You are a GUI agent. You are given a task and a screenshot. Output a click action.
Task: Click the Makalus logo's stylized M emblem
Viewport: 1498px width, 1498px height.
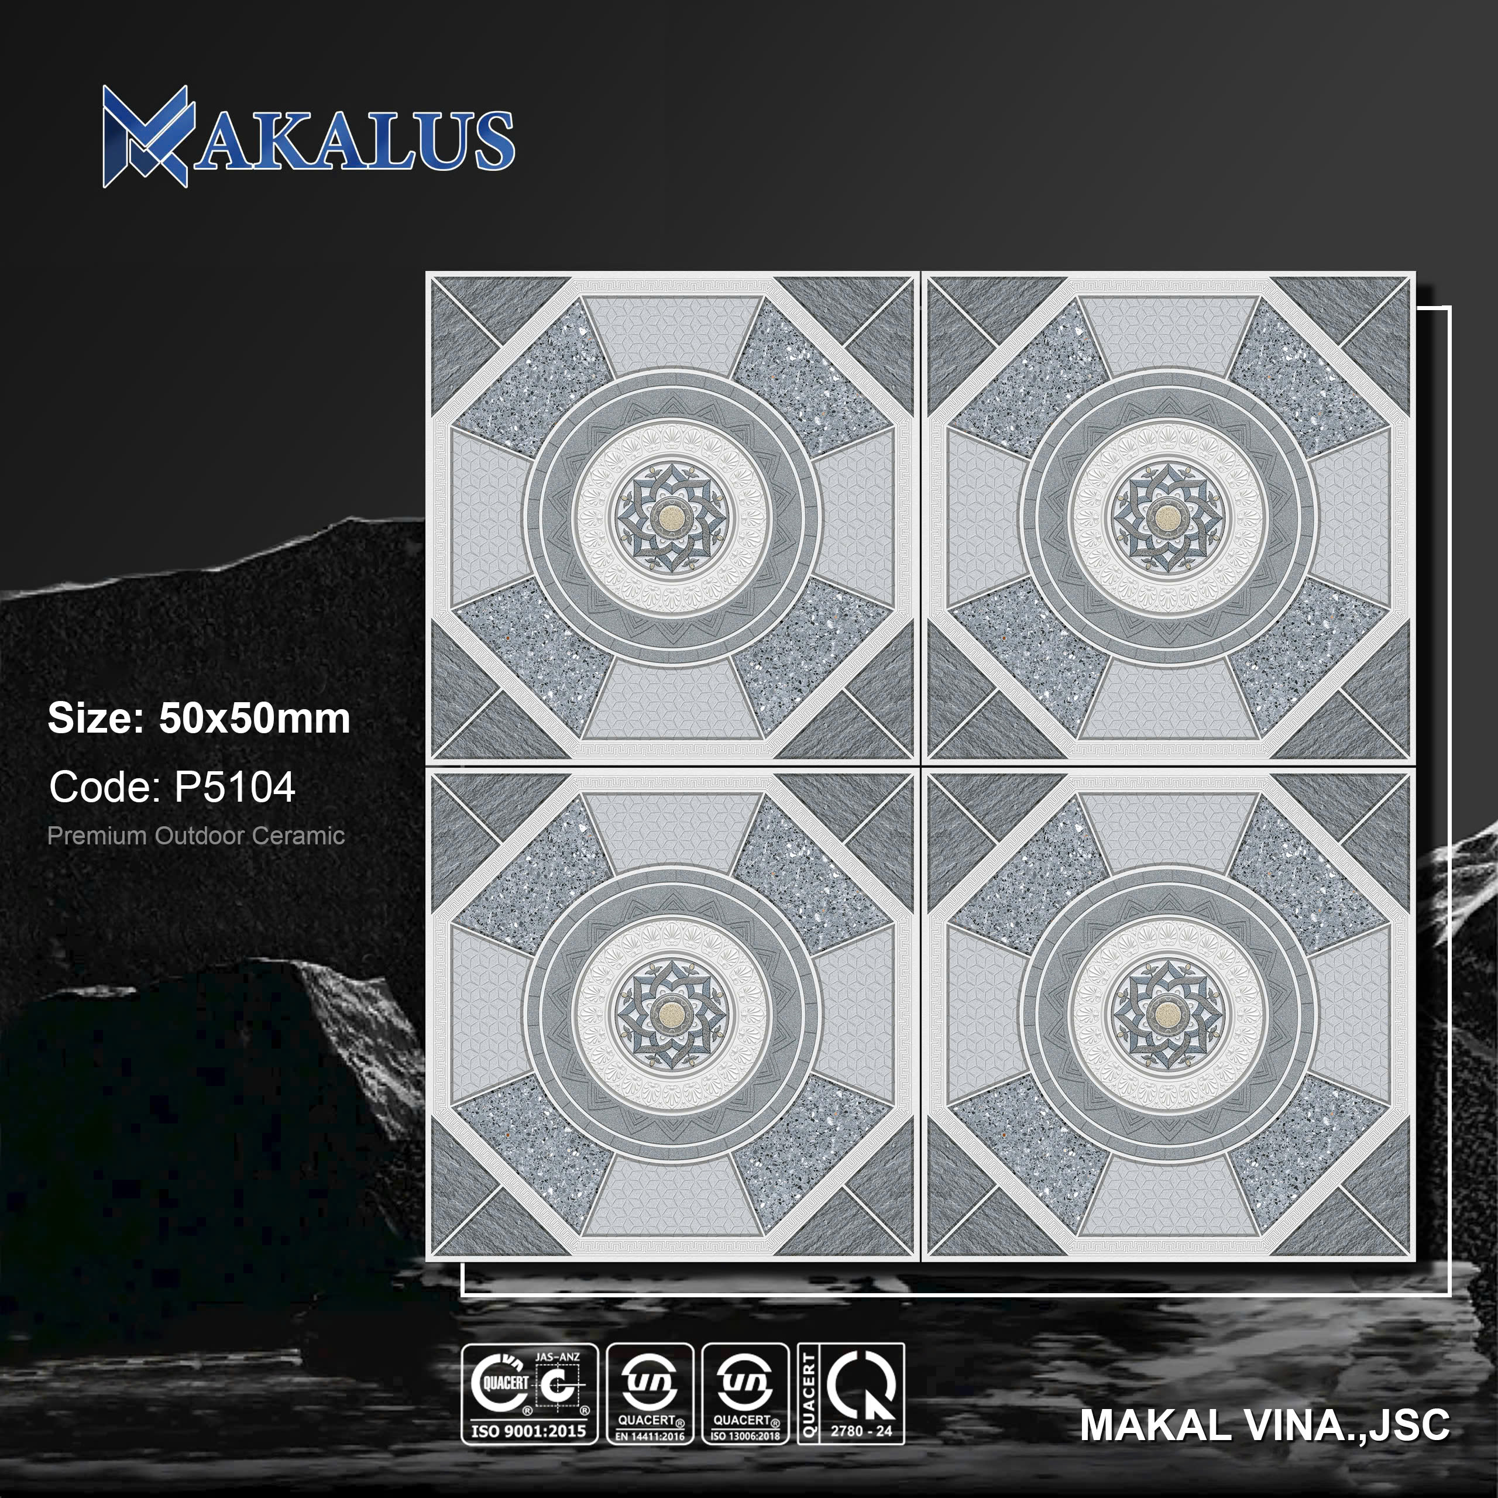pyautogui.click(x=146, y=136)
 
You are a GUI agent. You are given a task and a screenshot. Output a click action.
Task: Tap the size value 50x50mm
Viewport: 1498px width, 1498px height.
pyautogui.click(x=255, y=719)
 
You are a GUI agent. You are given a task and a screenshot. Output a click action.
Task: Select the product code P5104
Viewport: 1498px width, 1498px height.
pyautogui.click(x=235, y=788)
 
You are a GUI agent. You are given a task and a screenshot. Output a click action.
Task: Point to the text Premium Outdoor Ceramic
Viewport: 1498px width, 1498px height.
pyautogui.click(x=196, y=836)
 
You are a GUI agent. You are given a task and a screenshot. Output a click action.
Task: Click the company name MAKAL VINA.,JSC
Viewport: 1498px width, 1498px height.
pyautogui.click(x=1265, y=1425)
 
